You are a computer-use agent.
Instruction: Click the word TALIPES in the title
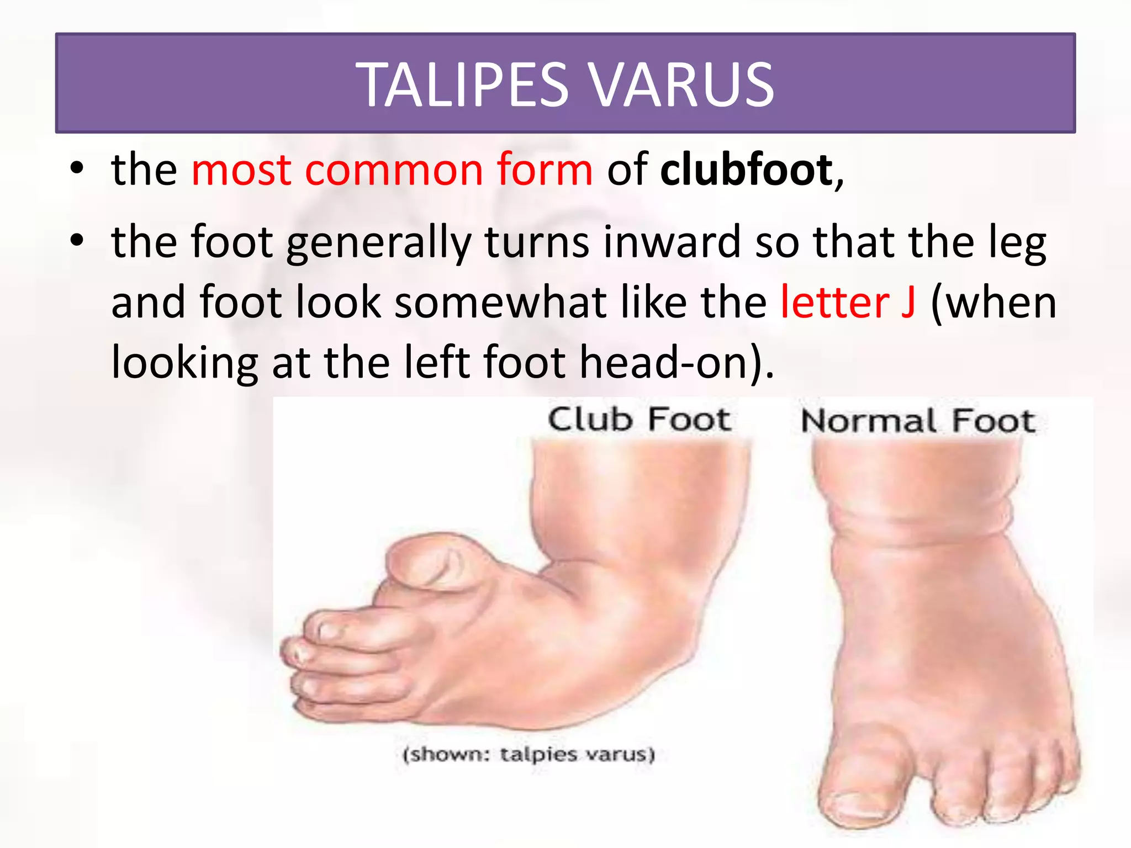[x=464, y=84]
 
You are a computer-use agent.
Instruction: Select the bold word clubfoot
[x=746, y=169]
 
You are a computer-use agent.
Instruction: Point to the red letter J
[x=908, y=303]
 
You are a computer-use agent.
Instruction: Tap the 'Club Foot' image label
[x=640, y=419]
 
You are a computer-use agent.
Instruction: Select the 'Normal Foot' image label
[x=918, y=421]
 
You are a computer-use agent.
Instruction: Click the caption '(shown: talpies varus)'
[x=528, y=754]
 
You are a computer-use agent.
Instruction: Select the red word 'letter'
[x=834, y=303]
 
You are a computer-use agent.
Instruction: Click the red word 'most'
[x=241, y=169]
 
